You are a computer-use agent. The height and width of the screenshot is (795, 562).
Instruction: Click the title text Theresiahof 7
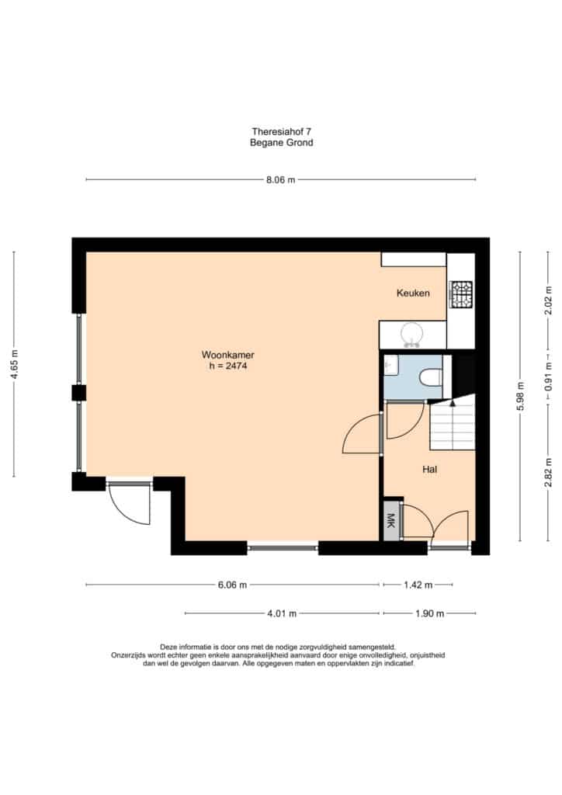click(x=281, y=132)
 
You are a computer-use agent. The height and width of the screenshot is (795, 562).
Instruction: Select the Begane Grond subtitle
click(x=281, y=143)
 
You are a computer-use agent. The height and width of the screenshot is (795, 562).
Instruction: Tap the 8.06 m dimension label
click(x=281, y=179)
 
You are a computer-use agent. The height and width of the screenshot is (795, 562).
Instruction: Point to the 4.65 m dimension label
click(x=14, y=364)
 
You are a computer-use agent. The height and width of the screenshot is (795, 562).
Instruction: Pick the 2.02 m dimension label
click(x=548, y=300)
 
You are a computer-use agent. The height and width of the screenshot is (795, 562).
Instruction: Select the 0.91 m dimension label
click(x=548, y=376)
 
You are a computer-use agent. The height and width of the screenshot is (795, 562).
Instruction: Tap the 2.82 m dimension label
click(x=548, y=473)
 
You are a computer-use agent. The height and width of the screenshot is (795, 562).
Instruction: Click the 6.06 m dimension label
click(x=233, y=585)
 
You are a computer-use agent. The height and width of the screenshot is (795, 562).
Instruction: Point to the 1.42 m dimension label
click(x=418, y=585)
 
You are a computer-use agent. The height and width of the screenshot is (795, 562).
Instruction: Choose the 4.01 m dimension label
click(x=282, y=613)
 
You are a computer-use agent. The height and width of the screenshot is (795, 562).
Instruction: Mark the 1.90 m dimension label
click(x=430, y=613)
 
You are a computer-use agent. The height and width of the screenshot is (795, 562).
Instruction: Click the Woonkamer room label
click(x=228, y=355)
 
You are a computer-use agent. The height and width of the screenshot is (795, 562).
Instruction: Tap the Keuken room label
click(x=413, y=293)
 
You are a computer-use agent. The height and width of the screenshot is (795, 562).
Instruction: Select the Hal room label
click(x=430, y=470)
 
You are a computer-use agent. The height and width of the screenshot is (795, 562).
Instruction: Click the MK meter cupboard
click(x=390, y=521)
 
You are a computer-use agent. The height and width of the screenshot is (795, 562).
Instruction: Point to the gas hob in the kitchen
click(x=462, y=295)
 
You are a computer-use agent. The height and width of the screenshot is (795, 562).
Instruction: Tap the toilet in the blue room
click(x=431, y=377)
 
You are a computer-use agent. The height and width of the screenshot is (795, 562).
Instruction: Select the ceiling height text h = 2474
click(x=228, y=366)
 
